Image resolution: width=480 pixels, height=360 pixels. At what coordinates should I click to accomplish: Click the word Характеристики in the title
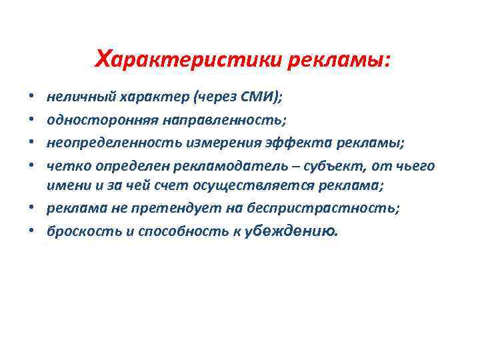point(190,61)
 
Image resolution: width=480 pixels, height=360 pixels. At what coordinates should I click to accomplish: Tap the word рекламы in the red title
point(340,61)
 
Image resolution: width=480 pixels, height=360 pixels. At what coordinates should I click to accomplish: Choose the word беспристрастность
point(323,208)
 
